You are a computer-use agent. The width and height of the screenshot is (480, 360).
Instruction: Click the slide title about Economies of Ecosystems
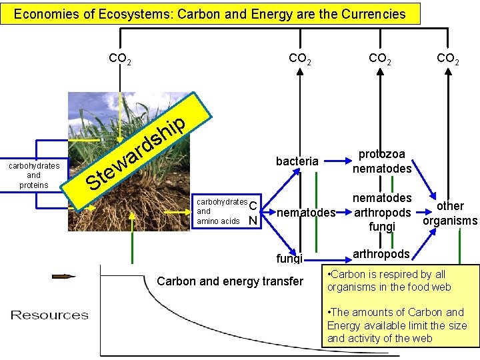tap(210, 13)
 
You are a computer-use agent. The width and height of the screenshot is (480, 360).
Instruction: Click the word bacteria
tap(297, 161)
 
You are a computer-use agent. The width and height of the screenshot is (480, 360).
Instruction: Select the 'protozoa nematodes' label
tap(382, 161)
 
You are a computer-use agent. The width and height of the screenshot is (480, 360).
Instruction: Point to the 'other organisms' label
tap(450, 213)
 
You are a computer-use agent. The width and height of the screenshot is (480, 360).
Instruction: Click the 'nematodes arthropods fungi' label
tap(382, 212)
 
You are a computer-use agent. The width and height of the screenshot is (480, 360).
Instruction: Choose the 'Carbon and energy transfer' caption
tap(230, 281)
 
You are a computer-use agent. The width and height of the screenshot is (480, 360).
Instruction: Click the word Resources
tap(49, 315)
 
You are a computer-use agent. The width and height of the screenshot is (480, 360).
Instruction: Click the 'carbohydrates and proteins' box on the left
tap(33, 175)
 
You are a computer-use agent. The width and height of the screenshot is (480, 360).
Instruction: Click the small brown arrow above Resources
tap(64, 276)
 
